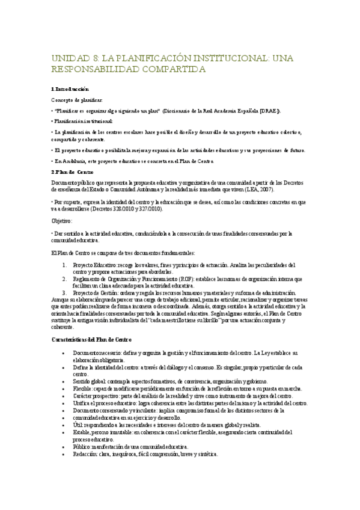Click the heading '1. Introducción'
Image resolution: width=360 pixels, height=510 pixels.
[x=72, y=89]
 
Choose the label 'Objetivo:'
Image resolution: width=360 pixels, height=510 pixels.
[x=62, y=221]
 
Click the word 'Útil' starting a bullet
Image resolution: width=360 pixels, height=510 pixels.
[x=77, y=424]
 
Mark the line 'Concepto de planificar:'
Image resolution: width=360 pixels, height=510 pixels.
[x=76, y=100]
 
